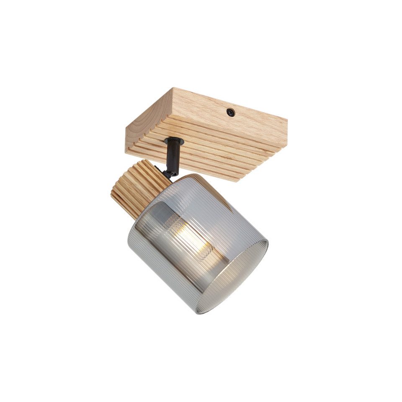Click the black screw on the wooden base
pos(230,112)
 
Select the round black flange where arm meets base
pos(174,142)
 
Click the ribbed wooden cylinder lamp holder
pos(138,188)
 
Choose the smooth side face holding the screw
pos(234,109)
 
